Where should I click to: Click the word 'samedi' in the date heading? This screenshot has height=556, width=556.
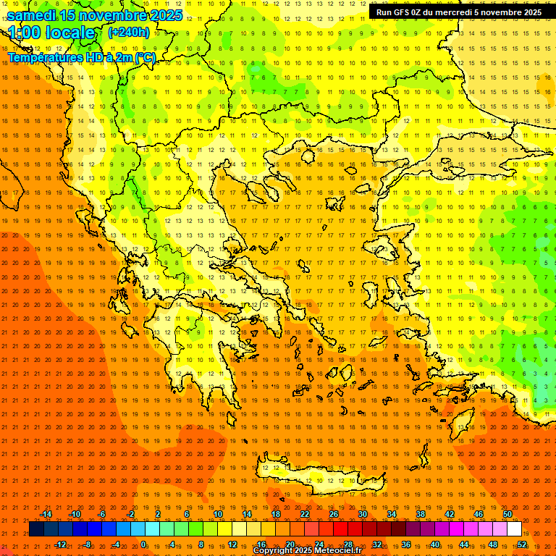(33, 15)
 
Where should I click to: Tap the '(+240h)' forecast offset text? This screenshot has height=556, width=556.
(128, 33)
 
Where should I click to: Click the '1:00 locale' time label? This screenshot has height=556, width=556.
(52, 33)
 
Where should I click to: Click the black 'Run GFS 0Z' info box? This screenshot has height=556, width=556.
(458, 12)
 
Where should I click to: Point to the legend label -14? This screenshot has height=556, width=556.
(46, 514)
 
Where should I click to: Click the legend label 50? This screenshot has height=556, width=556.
(507, 514)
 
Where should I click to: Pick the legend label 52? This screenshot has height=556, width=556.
(522, 544)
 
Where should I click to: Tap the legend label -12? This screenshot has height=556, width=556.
(60, 544)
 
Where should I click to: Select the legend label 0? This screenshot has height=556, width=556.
(143, 544)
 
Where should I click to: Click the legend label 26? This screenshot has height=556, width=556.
(334, 514)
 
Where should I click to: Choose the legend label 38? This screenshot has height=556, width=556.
(421, 514)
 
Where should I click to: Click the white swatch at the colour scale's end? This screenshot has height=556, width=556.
(514, 529)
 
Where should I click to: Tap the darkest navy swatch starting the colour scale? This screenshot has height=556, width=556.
(36, 529)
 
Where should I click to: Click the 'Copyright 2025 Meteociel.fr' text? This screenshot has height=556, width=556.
(307, 551)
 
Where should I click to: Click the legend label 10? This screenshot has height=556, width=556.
(218, 514)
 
